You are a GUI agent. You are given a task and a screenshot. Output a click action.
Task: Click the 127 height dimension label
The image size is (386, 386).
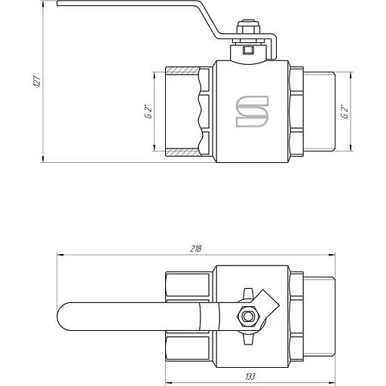[37, 81]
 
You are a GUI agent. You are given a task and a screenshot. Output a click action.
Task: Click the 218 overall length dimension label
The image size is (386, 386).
[195, 249]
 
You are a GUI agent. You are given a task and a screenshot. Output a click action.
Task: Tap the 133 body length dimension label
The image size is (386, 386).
[250, 376]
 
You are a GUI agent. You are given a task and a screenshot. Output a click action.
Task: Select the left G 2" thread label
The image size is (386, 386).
[149, 112]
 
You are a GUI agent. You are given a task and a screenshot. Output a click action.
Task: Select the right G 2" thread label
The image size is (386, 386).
[345, 112]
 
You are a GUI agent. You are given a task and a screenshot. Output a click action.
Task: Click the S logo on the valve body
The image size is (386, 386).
[252, 111]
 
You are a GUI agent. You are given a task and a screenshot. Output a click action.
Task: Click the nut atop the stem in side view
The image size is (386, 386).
[248, 28]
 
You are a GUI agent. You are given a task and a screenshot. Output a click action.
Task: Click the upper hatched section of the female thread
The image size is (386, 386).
[182, 70]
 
